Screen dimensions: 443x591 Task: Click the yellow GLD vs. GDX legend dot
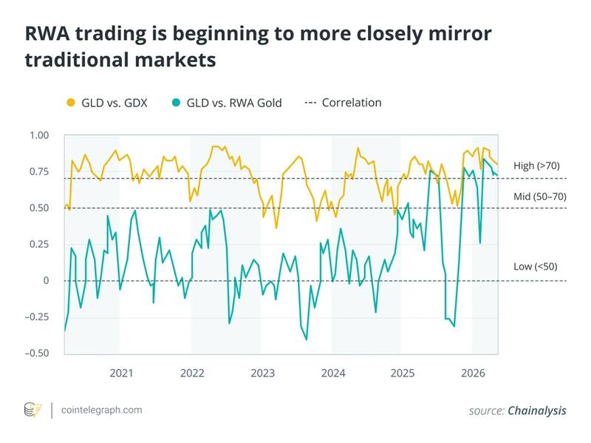click(71, 103)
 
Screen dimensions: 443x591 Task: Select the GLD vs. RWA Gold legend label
click(234, 103)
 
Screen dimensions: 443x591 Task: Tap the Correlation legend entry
click(351, 103)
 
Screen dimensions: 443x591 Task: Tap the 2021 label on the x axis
click(121, 373)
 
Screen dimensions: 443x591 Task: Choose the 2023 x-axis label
click(262, 373)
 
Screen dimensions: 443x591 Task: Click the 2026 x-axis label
click(472, 373)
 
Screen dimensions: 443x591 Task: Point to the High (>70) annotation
click(539, 165)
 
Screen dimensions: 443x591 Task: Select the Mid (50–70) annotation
click(540, 197)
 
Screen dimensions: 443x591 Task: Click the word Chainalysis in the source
click(537, 411)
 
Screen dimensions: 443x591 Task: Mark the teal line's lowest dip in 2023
click(306, 340)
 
